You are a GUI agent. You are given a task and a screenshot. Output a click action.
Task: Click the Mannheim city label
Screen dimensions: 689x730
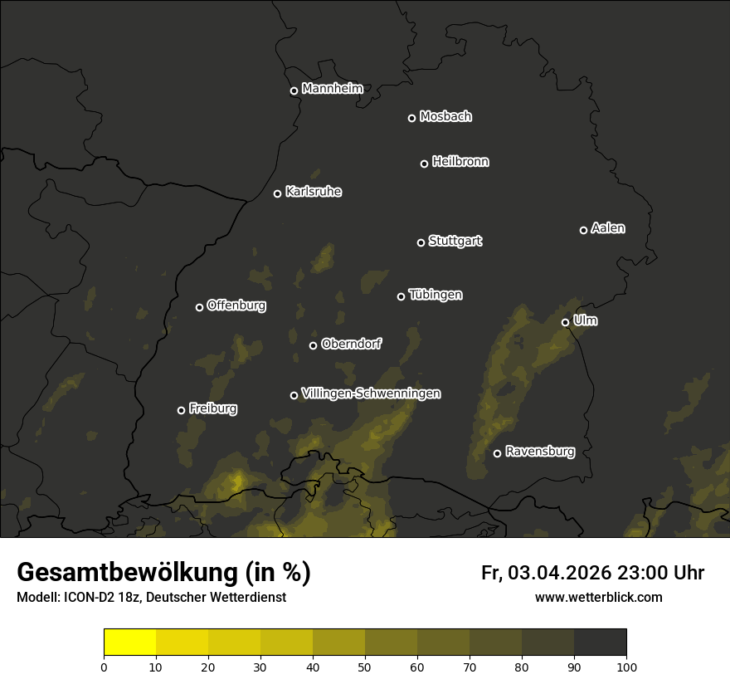tap(332, 89)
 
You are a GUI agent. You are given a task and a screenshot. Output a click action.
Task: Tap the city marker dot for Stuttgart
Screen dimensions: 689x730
tap(421, 242)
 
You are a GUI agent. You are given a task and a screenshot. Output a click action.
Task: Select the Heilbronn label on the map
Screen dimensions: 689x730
tap(460, 162)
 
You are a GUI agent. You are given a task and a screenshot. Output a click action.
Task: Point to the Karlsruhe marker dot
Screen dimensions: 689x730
tap(277, 193)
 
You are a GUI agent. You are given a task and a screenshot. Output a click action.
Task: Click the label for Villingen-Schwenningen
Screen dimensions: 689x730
tap(371, 393)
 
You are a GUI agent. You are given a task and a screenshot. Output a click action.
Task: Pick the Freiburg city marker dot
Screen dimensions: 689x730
tap(181, 410)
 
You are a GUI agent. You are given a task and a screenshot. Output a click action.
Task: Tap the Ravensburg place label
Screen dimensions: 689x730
tap(539, 452)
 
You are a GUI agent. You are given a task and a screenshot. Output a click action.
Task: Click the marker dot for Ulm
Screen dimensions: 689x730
tap(565, 322)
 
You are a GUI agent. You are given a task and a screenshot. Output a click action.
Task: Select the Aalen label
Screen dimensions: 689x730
tap(608, 228)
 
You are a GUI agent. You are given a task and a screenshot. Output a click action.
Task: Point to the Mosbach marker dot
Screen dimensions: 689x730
tap(411, 118)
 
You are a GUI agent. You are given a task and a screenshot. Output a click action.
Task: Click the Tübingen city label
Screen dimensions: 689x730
tap(436, 295)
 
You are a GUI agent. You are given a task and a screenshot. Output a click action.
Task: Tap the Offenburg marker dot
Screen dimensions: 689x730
tap(199, 307)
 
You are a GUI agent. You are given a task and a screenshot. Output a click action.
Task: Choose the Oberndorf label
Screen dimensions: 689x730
tap(351, 344)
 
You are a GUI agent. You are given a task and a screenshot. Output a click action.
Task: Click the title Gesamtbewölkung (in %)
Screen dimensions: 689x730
tap(163, 573)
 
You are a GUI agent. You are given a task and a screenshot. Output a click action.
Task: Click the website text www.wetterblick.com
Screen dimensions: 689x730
tap(598, 597)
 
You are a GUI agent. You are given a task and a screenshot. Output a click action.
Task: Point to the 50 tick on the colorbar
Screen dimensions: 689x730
tap(365, 667)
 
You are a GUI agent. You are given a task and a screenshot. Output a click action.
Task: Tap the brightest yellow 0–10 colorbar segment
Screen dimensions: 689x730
tap(130, 643)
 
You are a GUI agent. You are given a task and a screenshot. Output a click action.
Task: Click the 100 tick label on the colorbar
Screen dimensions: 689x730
tap(626, 667)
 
